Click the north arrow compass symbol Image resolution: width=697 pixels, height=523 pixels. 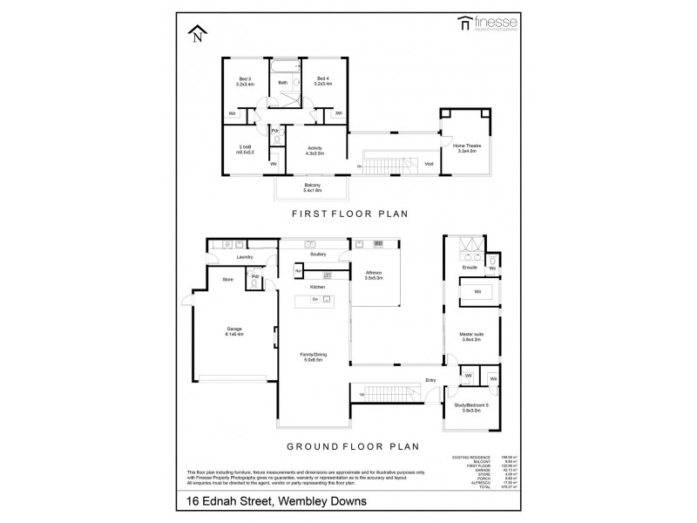pos(197,34)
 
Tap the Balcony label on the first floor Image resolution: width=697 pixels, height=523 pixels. pos(311,187)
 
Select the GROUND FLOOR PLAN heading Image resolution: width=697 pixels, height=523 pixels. pos(348,446)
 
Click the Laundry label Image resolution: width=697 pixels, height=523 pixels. pos(244,258)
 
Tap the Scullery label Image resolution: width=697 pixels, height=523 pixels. pos(316,255)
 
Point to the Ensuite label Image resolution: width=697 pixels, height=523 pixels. pos(470,268)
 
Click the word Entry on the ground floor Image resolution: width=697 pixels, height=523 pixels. pos(430,381)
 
